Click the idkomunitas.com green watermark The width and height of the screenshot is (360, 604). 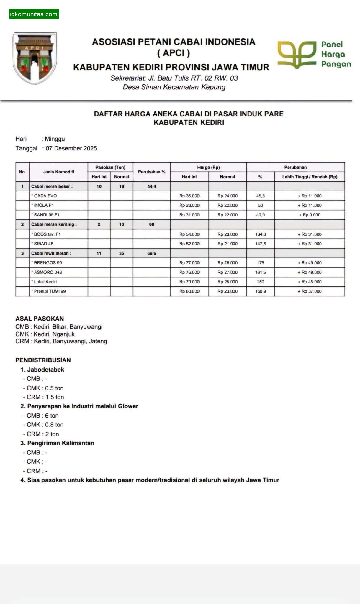(x=34, y=14)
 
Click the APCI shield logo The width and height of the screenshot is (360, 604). (x=35, y=58)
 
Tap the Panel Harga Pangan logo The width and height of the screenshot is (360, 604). (x=314, y=55)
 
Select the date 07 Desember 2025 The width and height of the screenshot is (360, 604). (x=71, y=148)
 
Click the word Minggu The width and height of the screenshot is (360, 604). (x=55, y=139)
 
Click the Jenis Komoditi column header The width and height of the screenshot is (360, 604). (x=58, y=172)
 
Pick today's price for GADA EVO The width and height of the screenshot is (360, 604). (x=189, y=196)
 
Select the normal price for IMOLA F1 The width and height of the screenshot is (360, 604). (x=227, y=205)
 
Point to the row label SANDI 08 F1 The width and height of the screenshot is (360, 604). (x=47, y=215)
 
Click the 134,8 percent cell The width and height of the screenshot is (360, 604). (x=260, y=234)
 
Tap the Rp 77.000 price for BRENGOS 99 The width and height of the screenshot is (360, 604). (x=189, y=263)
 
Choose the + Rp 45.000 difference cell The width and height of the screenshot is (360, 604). (x=310, y=282)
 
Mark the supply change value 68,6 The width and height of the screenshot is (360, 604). (x=152, y=253)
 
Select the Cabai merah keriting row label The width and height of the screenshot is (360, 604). (x=54, y=224)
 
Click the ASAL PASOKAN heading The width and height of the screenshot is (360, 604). (x=40, y=319)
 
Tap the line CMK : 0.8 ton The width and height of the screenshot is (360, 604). (x=45, y=425)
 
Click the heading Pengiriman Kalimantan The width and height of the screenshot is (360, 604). (x=60, y=443)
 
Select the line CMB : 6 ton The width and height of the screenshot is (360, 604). (x=42, y=416)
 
